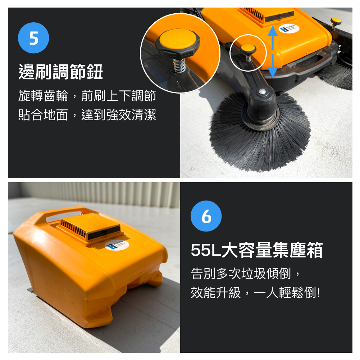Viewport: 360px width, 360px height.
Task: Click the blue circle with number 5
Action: click(33, 38)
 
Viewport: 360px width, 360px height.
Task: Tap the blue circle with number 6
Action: click(206, 216)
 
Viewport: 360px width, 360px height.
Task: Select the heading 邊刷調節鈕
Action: click(60, 72)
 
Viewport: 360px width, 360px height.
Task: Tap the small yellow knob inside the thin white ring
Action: click(248, 48)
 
